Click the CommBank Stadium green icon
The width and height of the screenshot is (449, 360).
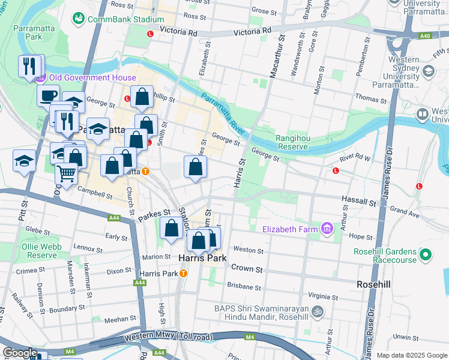(x=79, y=19)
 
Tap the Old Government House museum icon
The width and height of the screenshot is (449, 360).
(x=40, y=77)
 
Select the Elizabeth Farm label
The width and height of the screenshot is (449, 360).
(x=291, y=228)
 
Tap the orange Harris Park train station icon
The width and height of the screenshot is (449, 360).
(x=184, y=274)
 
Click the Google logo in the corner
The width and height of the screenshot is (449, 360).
(x=20, y=353)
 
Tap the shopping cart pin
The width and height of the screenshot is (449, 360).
(x=67, y=173)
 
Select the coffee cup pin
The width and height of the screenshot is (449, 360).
(x=48, y=95)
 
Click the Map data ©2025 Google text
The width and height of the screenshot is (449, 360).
(x=411, y=355)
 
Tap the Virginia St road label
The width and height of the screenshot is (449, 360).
(x=323, y=296)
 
